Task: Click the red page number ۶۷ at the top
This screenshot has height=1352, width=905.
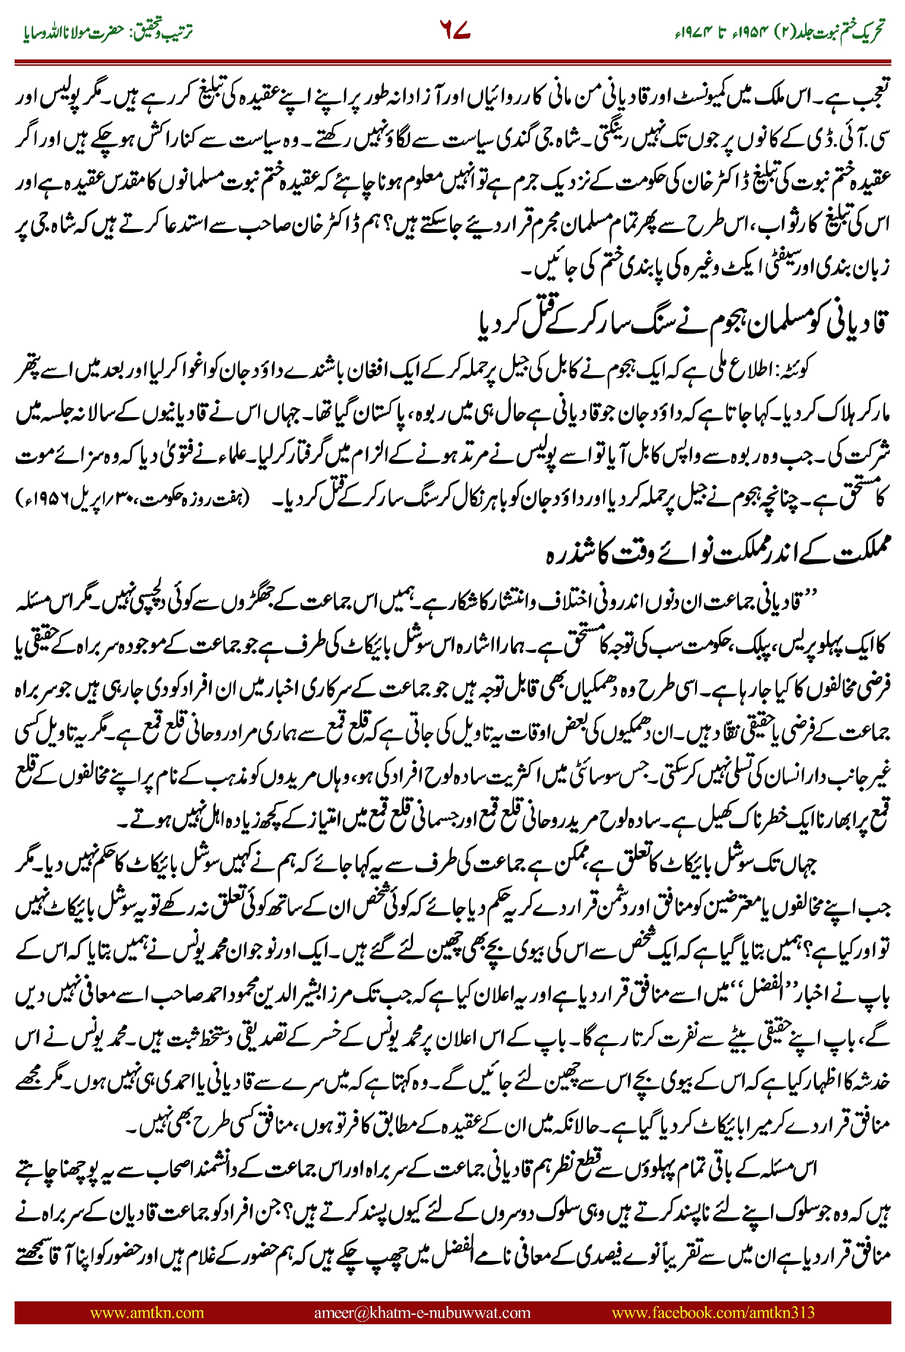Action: (455, 30)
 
